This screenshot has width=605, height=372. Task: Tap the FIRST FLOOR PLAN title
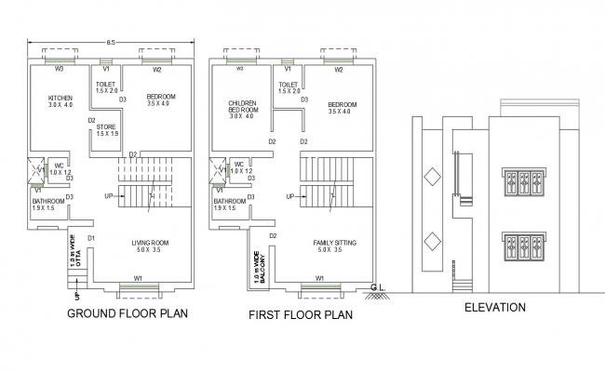coord(300,315)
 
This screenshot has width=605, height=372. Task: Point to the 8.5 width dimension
coord(111,42)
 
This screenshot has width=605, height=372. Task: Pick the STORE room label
coord(107,128)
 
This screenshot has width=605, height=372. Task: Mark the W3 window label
coord(59,69)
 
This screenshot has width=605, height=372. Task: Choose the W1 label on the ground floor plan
coord(138,278)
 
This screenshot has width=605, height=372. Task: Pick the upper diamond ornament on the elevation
coord(431,177)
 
